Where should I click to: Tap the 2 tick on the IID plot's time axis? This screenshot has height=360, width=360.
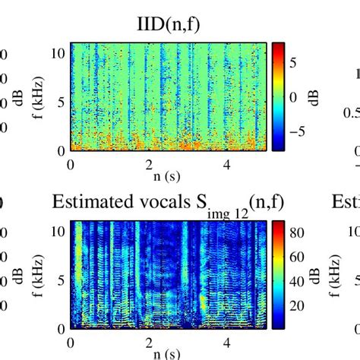[x=150, y=163]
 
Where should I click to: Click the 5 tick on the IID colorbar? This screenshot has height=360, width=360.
[x=292, y=71]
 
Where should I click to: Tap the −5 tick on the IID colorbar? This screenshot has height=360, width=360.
[x=295, y=129]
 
